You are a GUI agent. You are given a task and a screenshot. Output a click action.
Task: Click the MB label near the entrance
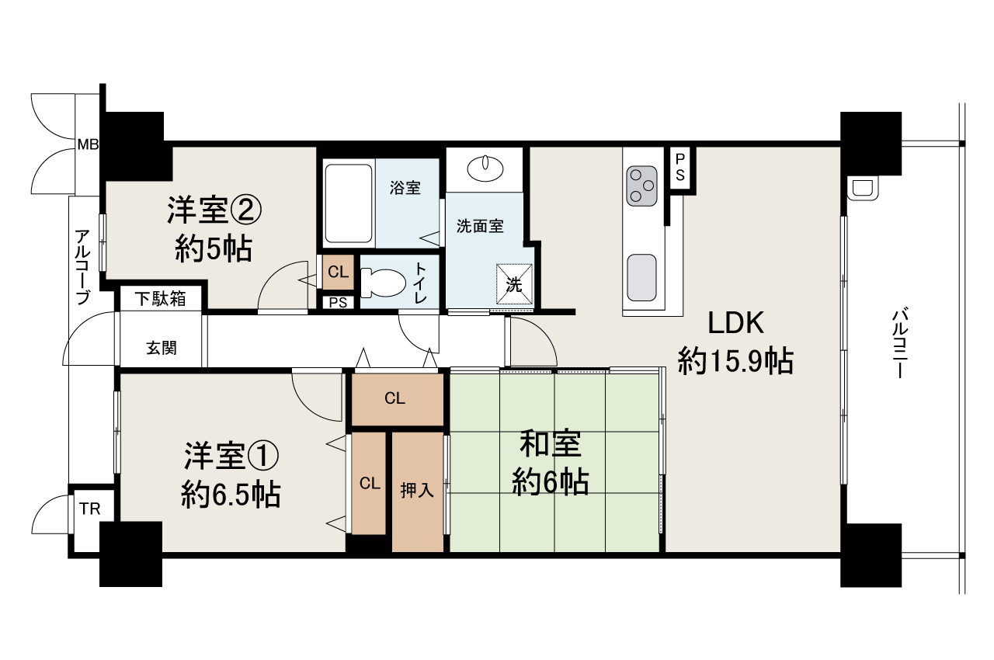point(87,144)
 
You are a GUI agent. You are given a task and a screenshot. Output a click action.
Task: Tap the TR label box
point(90,509)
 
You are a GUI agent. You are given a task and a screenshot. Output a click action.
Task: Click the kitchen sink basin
point(642,277)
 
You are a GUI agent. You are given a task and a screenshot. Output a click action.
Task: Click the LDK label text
point(735,322)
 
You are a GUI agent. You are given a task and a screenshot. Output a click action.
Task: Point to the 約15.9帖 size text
point(735,361)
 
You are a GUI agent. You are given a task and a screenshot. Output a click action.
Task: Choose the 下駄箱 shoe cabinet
point(160,298)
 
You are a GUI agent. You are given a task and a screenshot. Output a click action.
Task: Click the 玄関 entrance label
point(162,347)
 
